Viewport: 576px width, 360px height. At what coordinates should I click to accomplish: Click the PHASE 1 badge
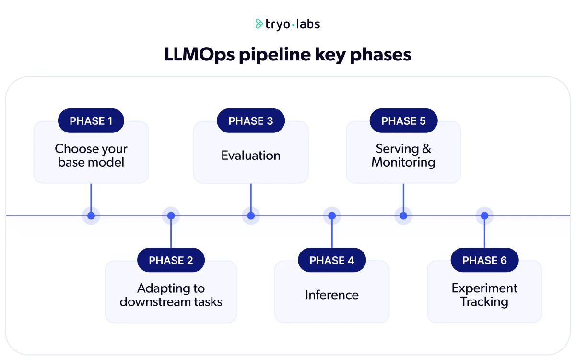91,121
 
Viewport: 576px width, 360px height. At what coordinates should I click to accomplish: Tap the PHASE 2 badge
171,260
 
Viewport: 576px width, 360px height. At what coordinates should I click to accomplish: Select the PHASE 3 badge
251,121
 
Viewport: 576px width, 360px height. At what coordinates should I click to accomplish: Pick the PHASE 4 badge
332,260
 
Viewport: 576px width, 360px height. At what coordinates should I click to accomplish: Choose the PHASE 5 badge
403,121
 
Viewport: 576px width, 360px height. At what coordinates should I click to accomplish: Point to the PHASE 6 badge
484,260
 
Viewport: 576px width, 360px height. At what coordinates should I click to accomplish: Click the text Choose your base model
91,156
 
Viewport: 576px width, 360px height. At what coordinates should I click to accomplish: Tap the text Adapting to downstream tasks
171,295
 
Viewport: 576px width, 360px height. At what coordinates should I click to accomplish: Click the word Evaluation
251,156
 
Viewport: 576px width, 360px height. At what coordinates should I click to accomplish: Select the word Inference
332,294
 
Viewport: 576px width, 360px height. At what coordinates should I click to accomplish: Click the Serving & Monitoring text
403,156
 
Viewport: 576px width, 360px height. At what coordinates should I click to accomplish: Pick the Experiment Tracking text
484,295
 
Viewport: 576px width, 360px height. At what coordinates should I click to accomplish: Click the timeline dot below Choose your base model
91,216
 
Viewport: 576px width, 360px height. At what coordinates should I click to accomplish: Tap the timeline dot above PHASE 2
171,216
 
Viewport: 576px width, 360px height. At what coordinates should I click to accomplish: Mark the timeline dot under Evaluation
251,216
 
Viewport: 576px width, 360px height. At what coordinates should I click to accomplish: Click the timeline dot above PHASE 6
484,216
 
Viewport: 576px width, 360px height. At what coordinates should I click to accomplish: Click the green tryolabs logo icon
259,24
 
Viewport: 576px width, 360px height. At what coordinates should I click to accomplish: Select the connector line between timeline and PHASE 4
332,235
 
